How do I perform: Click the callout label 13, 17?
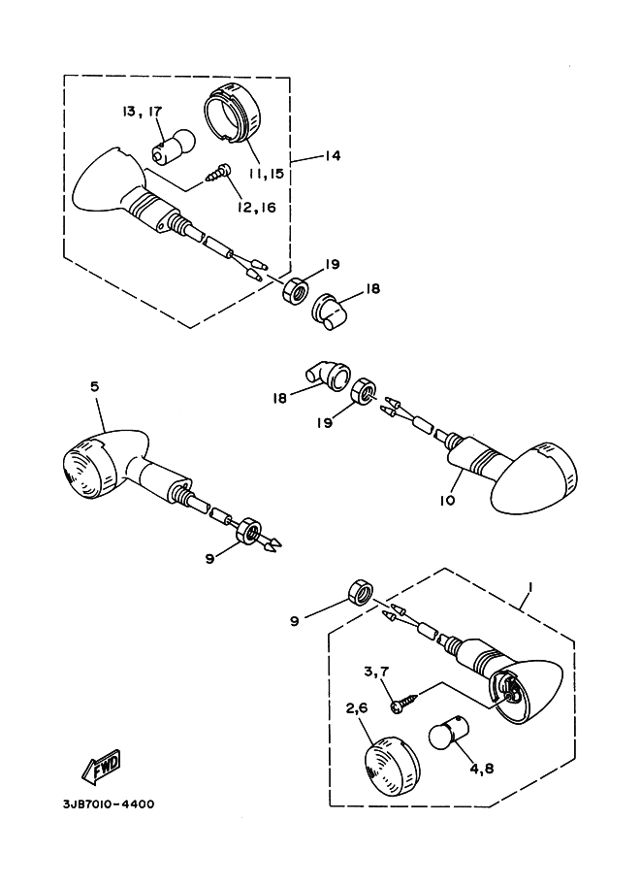coord(142,112)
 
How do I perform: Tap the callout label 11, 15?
coord(266,174)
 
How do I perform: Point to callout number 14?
coord(334,155)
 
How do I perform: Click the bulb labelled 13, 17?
coord(173,144)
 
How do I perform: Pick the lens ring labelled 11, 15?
coord(231,113)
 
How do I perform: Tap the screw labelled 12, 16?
coord(217,173)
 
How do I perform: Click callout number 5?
coord(94,386)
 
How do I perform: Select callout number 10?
coord(447,500)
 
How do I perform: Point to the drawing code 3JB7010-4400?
coord(109,804)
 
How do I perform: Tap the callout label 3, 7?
coord(375,673)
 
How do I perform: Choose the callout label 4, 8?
coord(481,769)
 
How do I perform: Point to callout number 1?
coord(529,588)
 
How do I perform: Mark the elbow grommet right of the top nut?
coord(331,312)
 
